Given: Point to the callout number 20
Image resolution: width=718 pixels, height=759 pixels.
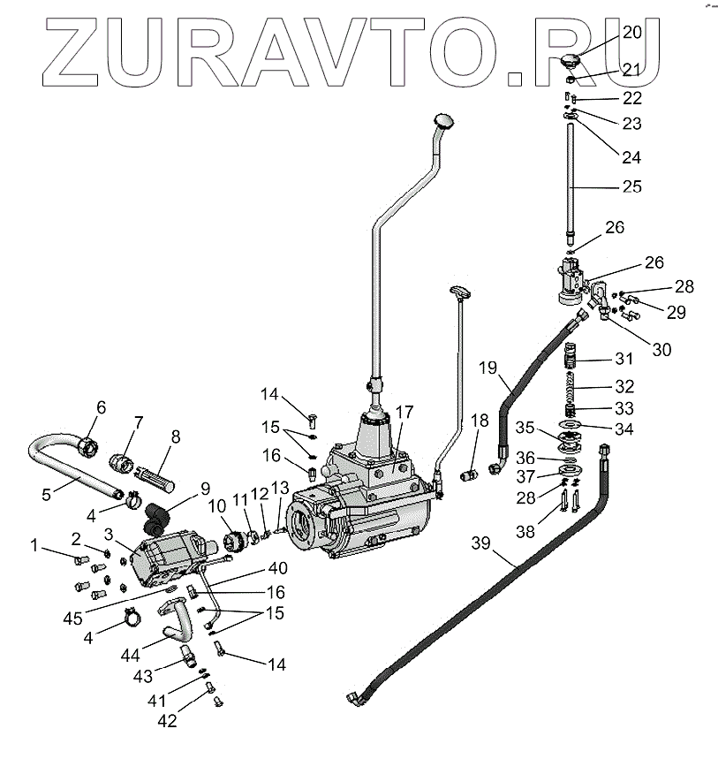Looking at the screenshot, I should (632, 32).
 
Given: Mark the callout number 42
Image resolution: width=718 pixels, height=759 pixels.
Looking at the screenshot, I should (167, 720).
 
